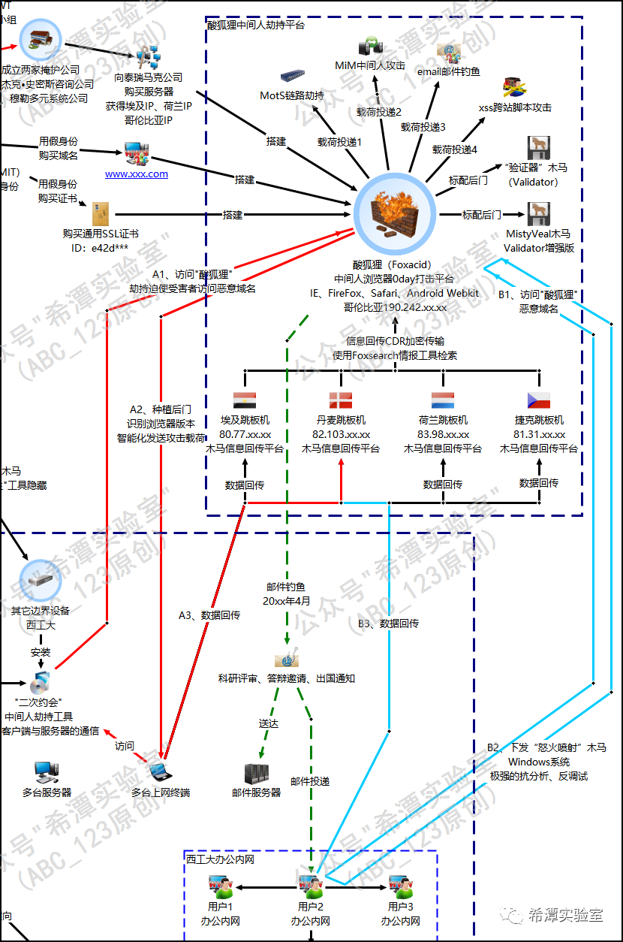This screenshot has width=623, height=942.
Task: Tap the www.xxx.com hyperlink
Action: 137,174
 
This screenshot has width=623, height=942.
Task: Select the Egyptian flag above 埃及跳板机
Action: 245,400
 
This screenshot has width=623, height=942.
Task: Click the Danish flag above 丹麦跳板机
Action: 341,400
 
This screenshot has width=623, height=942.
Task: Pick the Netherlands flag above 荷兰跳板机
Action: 443,400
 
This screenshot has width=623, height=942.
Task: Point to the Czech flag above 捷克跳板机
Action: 539,400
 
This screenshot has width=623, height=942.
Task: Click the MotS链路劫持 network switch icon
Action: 292,77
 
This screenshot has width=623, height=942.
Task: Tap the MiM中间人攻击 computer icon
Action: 369,47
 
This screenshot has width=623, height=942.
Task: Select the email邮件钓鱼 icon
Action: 448,52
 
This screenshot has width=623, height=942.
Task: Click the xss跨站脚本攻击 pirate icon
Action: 514,86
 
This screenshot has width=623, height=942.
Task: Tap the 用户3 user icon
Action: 400,886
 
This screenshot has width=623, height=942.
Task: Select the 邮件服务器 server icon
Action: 256,773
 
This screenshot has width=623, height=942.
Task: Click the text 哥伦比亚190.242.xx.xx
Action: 396,306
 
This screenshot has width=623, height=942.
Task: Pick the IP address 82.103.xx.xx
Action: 341,434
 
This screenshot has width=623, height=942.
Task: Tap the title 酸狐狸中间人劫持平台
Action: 256,25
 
